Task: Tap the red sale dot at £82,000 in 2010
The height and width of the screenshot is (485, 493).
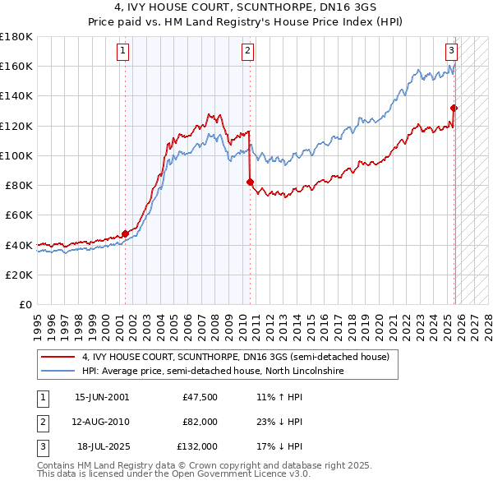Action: point(250,182)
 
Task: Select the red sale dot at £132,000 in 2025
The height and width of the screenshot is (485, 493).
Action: point(454,108)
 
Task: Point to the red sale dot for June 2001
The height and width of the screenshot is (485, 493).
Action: point(125,233)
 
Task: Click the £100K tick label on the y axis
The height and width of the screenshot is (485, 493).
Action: point(16,155)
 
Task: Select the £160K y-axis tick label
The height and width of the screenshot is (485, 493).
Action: point(16,67)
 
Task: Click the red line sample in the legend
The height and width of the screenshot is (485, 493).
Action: point(58,357)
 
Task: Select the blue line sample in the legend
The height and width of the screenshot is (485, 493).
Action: point(58,372)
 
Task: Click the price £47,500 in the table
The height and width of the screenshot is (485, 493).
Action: point(200,396)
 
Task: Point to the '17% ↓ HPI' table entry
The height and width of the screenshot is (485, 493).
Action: point(279,447)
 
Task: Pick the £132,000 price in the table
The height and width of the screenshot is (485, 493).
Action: point(198,447)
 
